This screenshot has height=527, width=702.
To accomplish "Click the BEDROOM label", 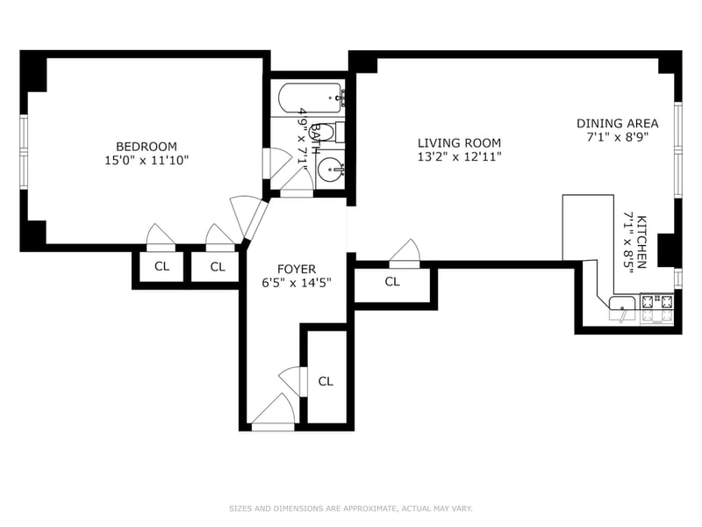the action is click(x=147, y=146).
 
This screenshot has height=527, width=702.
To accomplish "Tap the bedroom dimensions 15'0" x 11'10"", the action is click(x=147, y=160).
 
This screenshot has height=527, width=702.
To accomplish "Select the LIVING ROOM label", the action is click(x=459, y=143).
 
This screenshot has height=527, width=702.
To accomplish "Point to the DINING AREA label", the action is click(x=618, y=123).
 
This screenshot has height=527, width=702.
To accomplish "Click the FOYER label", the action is click(x=297, y=269).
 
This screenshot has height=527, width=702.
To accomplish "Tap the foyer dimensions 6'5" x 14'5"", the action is click(x=297, y=283).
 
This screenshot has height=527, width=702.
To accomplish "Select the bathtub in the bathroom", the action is click(x=312, y=99).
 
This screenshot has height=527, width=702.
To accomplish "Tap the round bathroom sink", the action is click(x=331, y=170).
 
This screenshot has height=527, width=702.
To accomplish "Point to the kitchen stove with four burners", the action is click(x=657, y=308).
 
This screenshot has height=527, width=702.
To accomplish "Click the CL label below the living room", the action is click(x=392, y=281).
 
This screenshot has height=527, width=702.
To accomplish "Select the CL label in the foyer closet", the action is click(x=326, y=381).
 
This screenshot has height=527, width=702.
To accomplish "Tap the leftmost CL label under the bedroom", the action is click(x=161, y=266).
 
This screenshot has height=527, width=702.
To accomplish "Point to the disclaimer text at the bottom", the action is click(x=350, y=509).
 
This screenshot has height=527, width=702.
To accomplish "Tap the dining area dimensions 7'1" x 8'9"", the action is click(x=618, y=137).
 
